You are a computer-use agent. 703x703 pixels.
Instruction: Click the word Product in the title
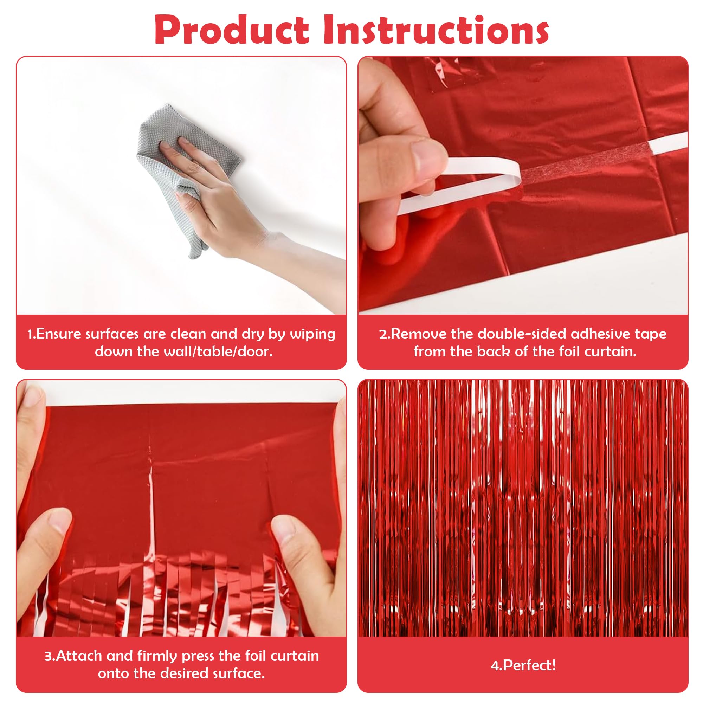pyautogui.click(x=232, y=31)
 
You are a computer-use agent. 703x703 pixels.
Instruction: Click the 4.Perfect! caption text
pyautogui.click(x=523, y=665)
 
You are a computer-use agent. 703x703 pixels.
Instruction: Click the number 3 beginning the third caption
pyautogui.click(x=48, y=656)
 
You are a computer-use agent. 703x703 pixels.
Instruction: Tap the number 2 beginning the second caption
pyautogui.click(x=383, y=334)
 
